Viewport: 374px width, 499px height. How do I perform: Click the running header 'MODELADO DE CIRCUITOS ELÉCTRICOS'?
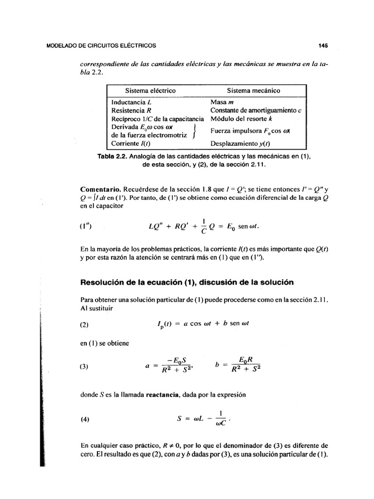101,46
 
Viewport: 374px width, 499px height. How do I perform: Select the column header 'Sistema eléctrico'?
150,91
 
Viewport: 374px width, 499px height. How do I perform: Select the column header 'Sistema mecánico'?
253,91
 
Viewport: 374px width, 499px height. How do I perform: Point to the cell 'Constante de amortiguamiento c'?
256,111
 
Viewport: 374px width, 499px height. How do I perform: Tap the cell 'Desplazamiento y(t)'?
240,144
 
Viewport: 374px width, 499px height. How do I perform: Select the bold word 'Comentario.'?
100,189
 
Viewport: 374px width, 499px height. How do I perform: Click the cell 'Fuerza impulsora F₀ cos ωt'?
250,131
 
